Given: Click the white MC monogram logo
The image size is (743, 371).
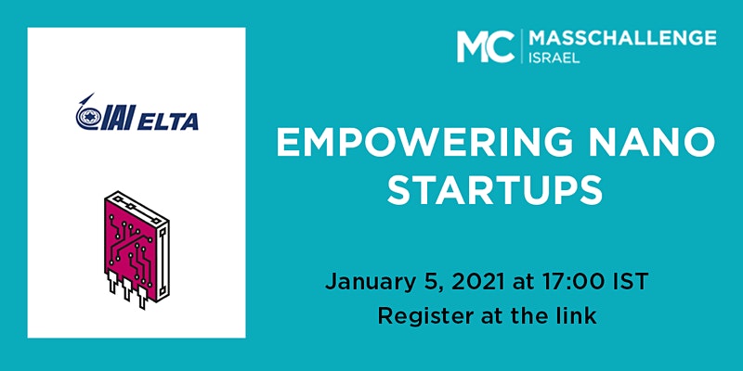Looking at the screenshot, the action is tap(486, 45).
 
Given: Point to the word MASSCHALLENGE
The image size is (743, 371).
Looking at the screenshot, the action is tap(622, 38).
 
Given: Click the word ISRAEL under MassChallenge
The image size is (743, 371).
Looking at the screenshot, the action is tap(554, 58).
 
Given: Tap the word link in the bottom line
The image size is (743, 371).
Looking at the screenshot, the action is tap(577, 315).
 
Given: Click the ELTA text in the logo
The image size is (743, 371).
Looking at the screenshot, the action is tap(168, 122).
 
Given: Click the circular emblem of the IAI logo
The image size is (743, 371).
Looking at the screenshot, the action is tap(87, 117).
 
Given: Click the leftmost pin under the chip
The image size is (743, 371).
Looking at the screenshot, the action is tap(112, 283).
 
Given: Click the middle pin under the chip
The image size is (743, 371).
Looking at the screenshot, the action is tap(127, 290).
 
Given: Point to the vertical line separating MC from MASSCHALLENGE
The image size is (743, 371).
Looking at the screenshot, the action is tap(522, 45).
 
